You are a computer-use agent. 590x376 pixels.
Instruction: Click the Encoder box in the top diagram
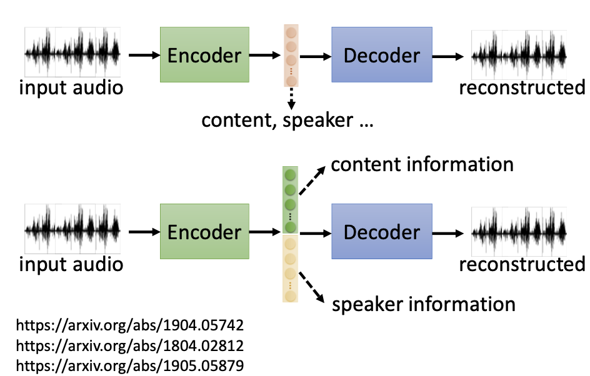coord(204,56)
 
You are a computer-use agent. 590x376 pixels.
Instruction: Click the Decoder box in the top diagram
coord(382,56)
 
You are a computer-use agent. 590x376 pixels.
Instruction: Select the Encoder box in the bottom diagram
coord(204,232)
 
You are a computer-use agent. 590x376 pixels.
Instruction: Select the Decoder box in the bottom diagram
coord(382,232)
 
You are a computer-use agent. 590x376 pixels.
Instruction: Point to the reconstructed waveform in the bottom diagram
coord(519,232)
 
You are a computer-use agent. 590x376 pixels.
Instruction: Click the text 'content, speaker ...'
coord(287,119)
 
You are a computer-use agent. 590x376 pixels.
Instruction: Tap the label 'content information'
coord(422,164)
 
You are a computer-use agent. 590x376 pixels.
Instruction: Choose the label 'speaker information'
coord(424,304)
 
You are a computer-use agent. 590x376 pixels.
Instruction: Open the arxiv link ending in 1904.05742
coord(129,325)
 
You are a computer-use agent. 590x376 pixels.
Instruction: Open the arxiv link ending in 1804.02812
coord(129,345)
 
